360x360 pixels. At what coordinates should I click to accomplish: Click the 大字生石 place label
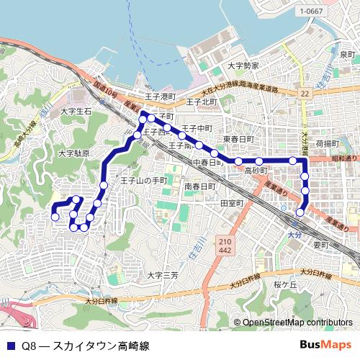(76, 112)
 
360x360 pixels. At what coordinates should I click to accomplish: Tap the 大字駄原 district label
(73, 153)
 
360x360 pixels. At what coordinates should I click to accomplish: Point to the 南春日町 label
(199, 186)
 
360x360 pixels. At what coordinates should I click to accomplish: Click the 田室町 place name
(233, 204)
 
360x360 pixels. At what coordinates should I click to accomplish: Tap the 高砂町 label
(256, 171)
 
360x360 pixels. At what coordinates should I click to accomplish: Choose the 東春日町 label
(238, 138)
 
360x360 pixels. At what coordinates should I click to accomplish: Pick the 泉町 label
(348, 55)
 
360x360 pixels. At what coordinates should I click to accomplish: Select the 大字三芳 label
(162, 275)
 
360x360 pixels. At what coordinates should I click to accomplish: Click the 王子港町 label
(160, 96)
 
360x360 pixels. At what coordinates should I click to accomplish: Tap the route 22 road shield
(305, 93)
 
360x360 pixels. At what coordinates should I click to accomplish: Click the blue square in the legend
(10, 346)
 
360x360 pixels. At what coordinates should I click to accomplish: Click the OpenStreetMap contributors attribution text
(297, 323)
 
